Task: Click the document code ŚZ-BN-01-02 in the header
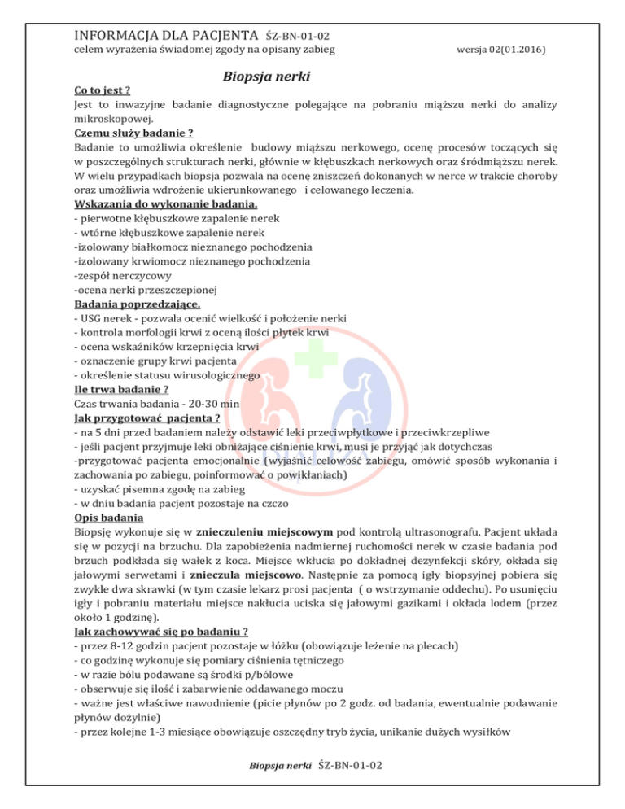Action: tap(296, 37)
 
